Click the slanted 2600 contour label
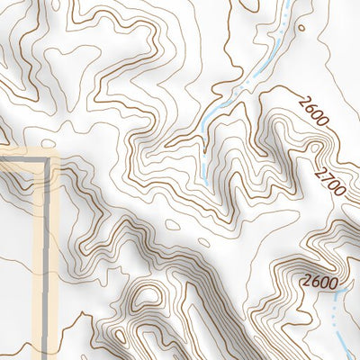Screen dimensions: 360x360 coord(310,110)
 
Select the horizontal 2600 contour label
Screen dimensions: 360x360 coord(319,282)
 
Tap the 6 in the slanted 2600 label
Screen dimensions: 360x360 coord(308,107)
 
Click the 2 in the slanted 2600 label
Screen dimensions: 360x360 coord(301,100)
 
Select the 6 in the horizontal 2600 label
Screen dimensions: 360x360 coord(315,282)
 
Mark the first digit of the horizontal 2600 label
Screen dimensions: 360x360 coord(307,282)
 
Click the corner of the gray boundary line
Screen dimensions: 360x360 coord(45,163)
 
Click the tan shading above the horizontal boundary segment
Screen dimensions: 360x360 coord(22,154)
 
